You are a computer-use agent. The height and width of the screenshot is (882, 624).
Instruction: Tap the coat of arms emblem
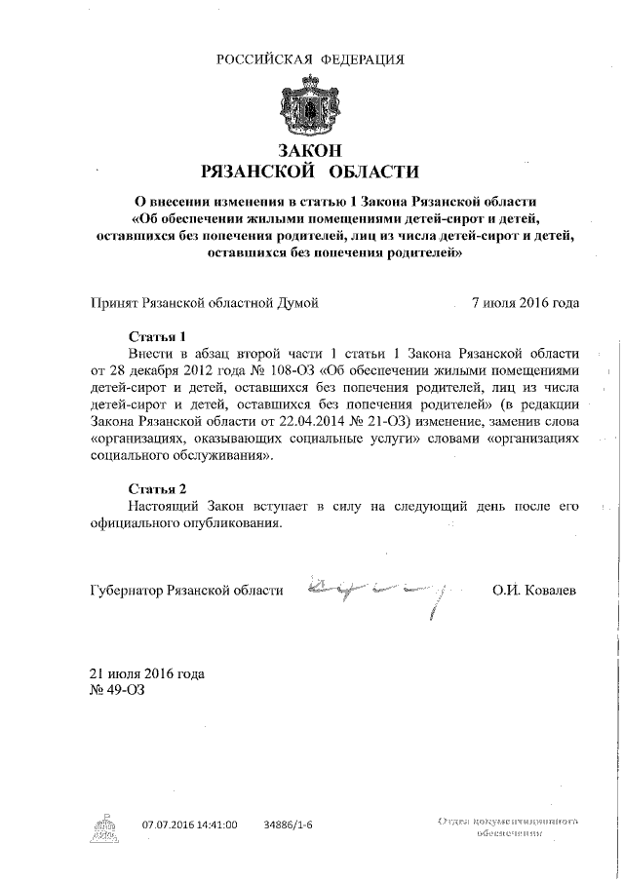coord(309,106)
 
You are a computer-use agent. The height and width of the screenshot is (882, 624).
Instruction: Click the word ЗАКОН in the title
coord(309,151)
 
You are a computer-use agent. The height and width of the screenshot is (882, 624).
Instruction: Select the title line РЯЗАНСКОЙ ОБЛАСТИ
coord(309,173)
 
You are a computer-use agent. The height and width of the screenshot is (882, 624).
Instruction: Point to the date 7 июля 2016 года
coord(525,302)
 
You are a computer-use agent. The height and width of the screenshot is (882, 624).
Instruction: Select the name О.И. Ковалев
coord(534,591)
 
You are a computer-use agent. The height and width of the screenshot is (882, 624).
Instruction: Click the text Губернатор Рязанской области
coord(186,591)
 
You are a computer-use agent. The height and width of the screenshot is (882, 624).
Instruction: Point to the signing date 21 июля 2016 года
coord(146,674)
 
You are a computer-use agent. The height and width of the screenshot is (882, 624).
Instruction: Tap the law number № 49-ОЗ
coord(117,691)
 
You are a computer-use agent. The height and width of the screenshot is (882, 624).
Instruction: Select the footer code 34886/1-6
coord(288,824)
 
